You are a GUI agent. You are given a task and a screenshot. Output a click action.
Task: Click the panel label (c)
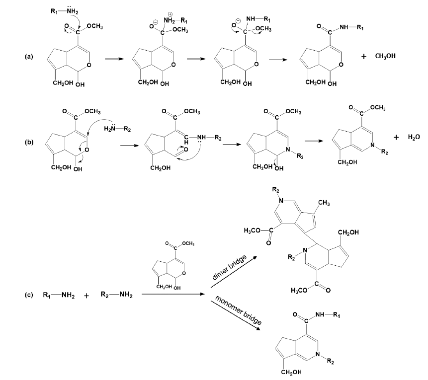tap(29, 295)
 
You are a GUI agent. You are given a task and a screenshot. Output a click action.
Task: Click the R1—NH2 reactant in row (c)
tap(58, 295)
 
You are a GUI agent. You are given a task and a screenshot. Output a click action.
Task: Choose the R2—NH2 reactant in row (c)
tap(116, 295)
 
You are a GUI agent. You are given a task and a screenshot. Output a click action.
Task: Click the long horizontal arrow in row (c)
tap(174, 295)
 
